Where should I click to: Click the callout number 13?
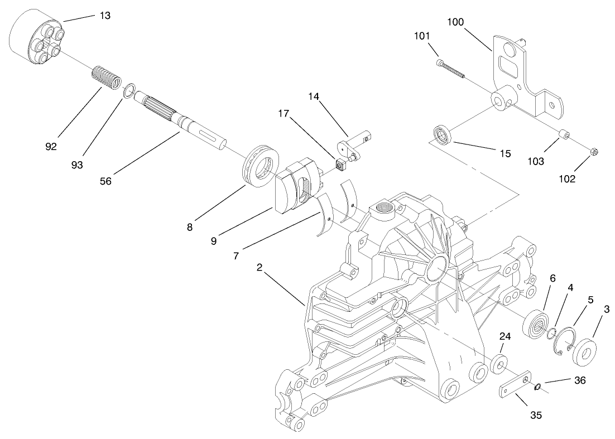click(x=104, y=16)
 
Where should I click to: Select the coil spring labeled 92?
click(x=106, y=77)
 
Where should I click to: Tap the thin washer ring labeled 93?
click(x=129, y=90)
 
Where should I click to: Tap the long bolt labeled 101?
click(x=452, y=68)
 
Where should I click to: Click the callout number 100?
click(x=456, y=22)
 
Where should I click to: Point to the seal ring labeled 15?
click(x=443, y=136)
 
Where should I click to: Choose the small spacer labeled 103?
click(x=565, y=136)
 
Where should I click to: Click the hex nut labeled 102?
click(x=594, y=152)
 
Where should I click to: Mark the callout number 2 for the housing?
click(x=260, y=267)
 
